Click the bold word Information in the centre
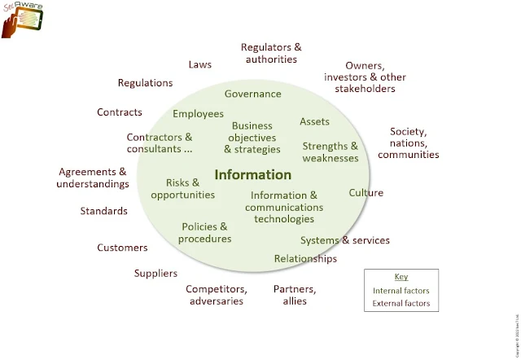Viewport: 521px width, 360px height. [x=252, y=174]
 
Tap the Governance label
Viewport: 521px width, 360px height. [x=252, y=94]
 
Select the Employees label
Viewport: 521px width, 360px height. [x=198, y=114]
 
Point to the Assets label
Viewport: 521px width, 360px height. [x=314, y=121]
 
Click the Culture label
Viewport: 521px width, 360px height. [x=366, y=193]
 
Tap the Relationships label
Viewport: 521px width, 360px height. [x=305, y=259]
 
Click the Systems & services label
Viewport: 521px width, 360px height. [x=344, y=240]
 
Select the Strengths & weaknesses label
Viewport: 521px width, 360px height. [x=330, y=152]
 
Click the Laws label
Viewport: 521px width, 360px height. [x=200, y=64]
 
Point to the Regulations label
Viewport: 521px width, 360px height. [x=145, y=83]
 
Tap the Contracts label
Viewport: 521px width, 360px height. [x=120, y=112]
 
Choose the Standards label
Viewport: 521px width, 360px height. [x=103, y=211]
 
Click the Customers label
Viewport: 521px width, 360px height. [x=122, y=248]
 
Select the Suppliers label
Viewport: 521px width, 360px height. [x=155, y=274]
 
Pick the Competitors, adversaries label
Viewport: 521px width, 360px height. [x=216, y=295]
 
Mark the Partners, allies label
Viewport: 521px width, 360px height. [x=295, y=295]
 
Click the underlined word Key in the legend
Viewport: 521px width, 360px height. [x=401, y=277]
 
